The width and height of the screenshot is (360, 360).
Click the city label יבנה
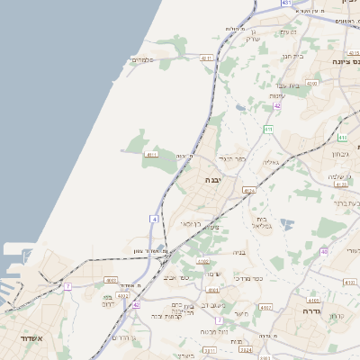coord(215,180)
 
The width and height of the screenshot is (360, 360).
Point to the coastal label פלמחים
coord(142,60)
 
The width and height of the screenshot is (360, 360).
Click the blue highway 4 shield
coord(154,219)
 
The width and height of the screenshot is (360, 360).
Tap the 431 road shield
coord(286,4)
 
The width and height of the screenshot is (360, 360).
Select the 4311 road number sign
coord(206,58)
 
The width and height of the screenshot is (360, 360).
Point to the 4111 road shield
coord(150,155)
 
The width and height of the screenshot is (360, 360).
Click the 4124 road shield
coord(249,191)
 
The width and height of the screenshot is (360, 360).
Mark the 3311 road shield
coord(210,349)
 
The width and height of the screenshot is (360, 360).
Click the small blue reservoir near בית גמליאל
coord(286,223)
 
